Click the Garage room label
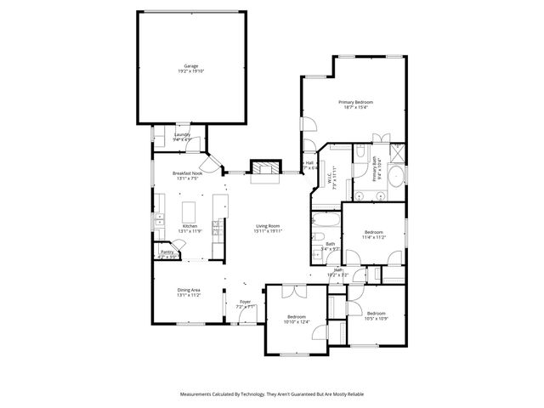point(190,66)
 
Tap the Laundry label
point(182,134)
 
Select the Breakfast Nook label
point(187,173)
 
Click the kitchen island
point(190,210)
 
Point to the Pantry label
point(167,252)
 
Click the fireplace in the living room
point(263,167)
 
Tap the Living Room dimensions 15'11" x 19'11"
point(268,231)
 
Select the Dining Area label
point(189,290)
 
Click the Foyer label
point(245,302)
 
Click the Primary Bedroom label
point(358,102)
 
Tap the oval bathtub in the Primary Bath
point(395,178)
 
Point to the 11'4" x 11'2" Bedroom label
point(375,232)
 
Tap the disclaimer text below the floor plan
point(272,394)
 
